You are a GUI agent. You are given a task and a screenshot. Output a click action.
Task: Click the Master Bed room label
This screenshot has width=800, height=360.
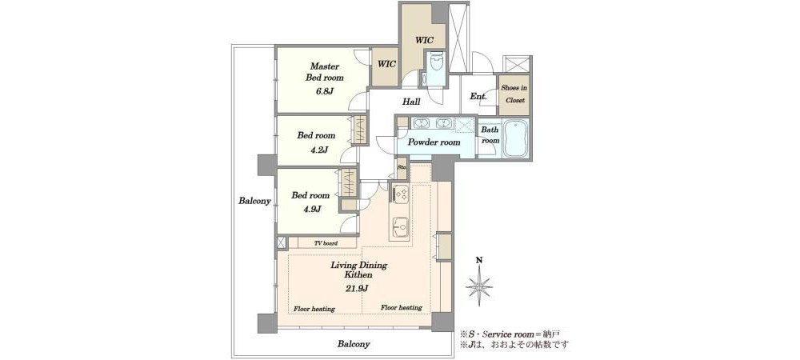click(x=325, y=73)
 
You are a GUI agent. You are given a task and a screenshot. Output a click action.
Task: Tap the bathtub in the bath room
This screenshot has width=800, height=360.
click(x=516, y=138)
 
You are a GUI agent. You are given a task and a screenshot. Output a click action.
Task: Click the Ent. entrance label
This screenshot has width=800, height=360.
click(x=478, y=96)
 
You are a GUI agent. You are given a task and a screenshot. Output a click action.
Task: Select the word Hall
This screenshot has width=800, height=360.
click(x=411, y=102)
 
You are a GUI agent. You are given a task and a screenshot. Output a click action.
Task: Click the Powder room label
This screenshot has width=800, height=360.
click(x=433, y=142)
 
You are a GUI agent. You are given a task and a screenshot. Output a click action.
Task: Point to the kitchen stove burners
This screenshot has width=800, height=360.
click(x=401, y=194)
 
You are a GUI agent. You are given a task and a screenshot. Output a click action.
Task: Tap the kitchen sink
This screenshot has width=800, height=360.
click(x=400, y=225)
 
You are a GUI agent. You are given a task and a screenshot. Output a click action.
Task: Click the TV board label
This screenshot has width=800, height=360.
click(x=324, y=243)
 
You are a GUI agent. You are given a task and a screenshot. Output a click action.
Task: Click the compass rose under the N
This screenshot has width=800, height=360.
click(x=479, y=286)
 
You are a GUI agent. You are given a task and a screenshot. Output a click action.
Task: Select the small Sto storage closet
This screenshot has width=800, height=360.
click(x=402, y=169)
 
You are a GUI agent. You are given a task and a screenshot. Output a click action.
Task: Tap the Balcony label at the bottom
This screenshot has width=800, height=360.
click(x=354, y=344)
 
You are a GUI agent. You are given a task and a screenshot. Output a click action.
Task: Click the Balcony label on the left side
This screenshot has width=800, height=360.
click(x=254, y=201)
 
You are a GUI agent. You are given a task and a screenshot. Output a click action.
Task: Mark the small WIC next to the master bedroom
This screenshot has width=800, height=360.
click(x=386, y=66)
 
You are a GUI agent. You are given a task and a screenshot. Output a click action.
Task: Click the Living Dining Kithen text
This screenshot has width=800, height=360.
click(x=358, y=270)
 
